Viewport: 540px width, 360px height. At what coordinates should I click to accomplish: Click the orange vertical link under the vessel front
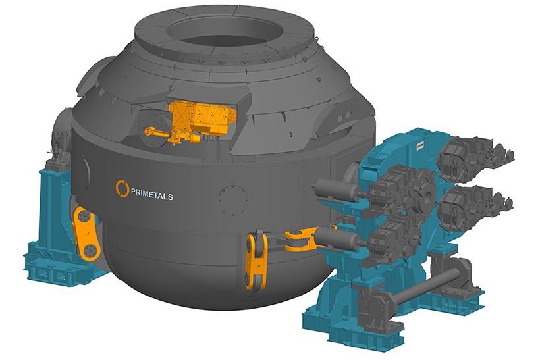coord(255,260)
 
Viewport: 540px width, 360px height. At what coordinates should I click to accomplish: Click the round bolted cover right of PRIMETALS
coord(230,195)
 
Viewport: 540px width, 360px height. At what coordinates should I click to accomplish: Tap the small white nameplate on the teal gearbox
coord(419,143)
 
